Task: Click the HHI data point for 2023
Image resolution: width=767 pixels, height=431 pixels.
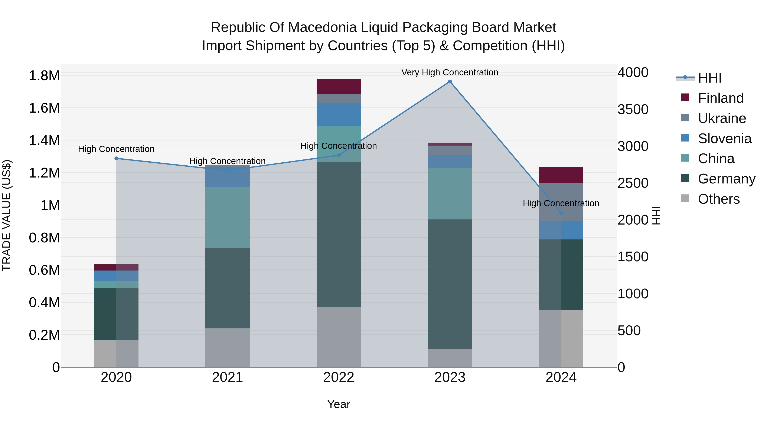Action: [x=450, y=82]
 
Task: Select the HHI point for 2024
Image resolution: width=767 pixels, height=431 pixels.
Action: [x=561, y=213]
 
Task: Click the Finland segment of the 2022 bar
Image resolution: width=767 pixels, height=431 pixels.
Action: [x=339, y=86]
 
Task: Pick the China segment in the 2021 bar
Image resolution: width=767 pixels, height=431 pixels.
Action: [x=228, y=218]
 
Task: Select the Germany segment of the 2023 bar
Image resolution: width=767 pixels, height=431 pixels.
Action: [x=450, y=284]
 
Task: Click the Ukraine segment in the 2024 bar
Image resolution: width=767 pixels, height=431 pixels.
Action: [x=561, y=202]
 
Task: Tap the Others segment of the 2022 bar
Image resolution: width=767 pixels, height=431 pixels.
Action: [x=339, y=337]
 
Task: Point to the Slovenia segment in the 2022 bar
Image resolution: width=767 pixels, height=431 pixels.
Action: [x=339, y=115]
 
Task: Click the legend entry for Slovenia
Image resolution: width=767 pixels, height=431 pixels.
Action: [x=724, y=139]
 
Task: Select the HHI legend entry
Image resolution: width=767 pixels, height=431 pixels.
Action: [x=709, y=78]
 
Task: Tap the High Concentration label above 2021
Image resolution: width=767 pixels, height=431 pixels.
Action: [x=228, y=161]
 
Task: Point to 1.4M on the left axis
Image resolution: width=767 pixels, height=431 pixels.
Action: [x=44, y=140]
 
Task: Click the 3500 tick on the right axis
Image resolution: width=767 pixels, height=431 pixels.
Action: [x=633, y=109]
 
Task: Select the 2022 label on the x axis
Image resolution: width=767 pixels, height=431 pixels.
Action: [x=339, y=377]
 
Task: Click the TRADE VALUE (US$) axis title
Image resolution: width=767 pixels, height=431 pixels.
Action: [x=7, y=215]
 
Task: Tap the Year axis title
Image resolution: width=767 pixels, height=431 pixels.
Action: [x=339, y=404]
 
